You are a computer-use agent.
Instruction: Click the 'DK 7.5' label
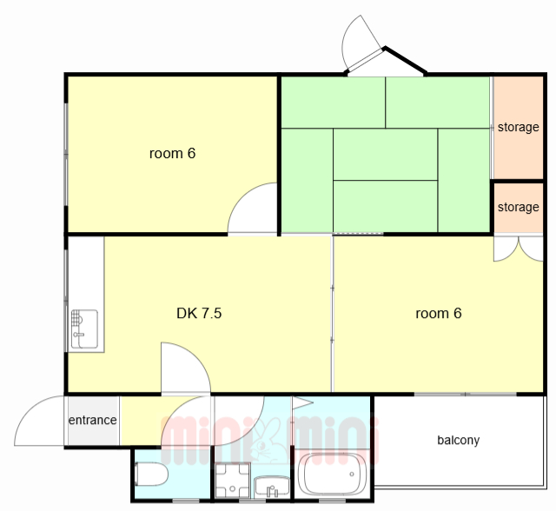pos(199,313)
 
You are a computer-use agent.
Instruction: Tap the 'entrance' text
pos(93,421)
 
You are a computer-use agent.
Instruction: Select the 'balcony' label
pos(458,440)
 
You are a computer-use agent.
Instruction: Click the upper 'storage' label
pos(518,127)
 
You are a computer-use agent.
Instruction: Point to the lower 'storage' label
pos(518,207)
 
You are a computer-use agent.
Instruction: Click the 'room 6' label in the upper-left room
pos(172,153)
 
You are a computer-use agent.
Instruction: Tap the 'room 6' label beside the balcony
pos(438,313)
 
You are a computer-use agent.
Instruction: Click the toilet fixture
pos(151,474)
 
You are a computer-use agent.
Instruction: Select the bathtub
pos(332,474)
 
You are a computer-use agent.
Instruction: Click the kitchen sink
pos(84,328)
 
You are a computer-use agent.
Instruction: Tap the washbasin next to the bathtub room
pos(272,487)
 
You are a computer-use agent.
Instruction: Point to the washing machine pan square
pos(233,480)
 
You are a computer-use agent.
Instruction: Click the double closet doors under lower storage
pos(519,249)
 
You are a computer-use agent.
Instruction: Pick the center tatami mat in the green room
pos(385,155)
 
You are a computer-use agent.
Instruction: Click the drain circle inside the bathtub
pos(352,474)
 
